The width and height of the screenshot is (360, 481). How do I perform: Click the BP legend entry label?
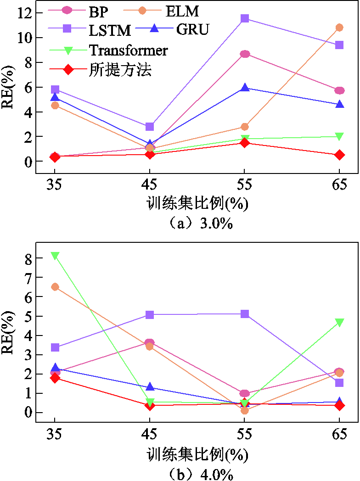coord(99,12)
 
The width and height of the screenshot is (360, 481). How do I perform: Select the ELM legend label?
coord(182,11)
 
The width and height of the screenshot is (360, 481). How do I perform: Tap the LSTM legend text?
coord(110,30)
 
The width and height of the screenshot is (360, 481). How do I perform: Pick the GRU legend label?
coord(192,29)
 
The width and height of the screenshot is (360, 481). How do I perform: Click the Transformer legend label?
coord(129,50)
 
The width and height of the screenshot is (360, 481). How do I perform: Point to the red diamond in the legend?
coord(68,70)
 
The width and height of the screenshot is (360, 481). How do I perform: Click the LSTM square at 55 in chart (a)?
coord(245,18)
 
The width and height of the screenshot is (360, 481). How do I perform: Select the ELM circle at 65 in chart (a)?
coord(339,28)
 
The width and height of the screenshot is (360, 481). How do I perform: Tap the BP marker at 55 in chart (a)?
coord(245,54)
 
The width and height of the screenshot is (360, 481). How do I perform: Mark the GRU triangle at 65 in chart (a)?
coord(339,104)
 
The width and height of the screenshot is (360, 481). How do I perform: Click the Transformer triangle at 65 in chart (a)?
coord(339,136)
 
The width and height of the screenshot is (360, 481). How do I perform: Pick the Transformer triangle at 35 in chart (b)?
coord(55,256)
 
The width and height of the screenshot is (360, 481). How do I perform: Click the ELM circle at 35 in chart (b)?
coord(55,287)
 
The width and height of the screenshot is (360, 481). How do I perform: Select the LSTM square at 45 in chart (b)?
coord(149,315)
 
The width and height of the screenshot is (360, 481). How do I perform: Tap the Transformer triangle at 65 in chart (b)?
coord(339,322)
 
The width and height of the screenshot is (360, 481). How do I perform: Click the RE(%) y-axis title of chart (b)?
coord(8,333)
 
